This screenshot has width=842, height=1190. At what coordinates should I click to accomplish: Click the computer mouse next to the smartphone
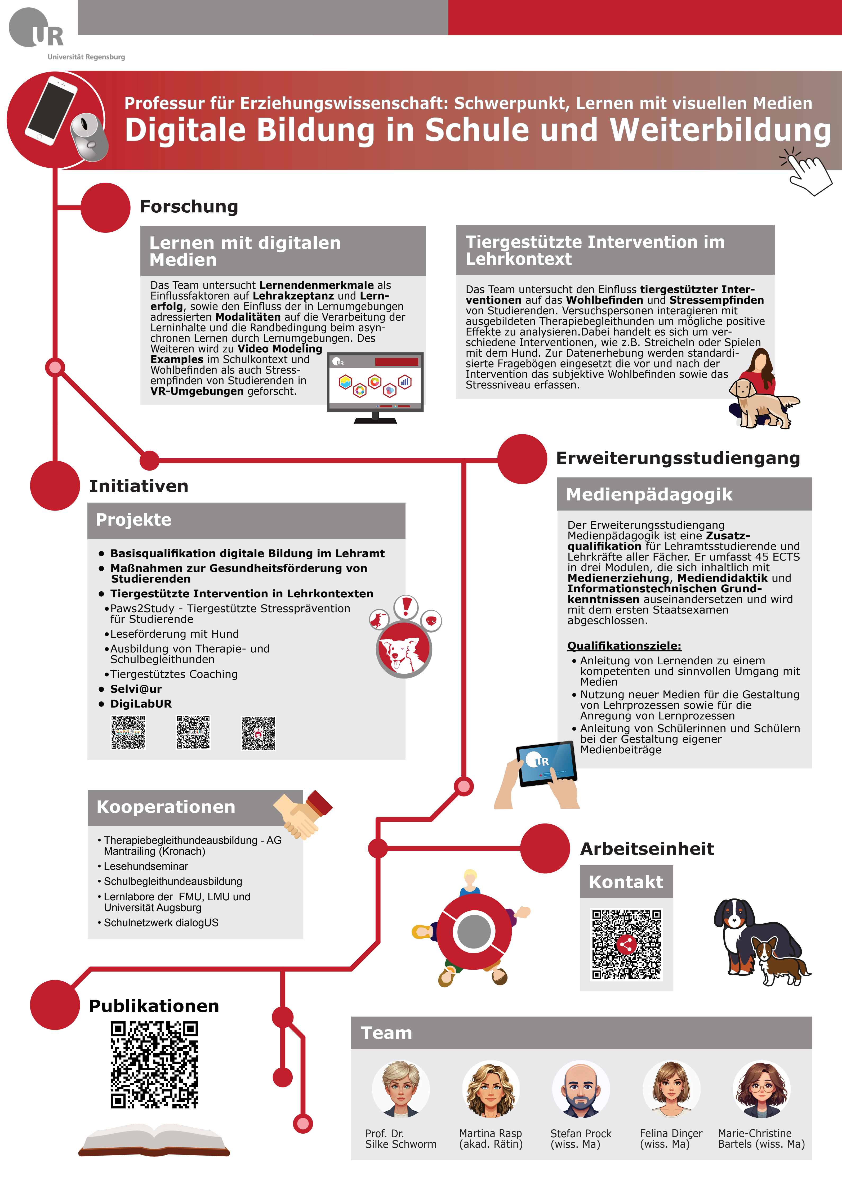pyautogui.click(x=89, y=136)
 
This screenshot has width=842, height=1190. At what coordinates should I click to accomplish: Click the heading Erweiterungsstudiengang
pyautogui.click(x=678, y=458)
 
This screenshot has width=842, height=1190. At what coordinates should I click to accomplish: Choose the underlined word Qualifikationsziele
pyautogui.click(x=624, y=646)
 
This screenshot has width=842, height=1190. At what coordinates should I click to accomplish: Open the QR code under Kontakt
pyautogui.click(x=626, y=944)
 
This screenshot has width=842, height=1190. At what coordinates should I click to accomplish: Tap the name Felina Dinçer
pyautogui.click(x=671, y=1134)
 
